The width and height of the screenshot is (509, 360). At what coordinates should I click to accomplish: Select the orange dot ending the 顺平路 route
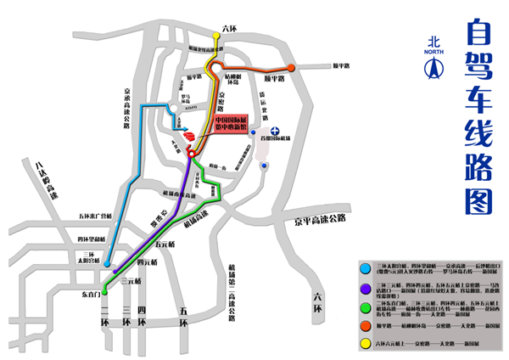pyautogui.click(x=291, y=68)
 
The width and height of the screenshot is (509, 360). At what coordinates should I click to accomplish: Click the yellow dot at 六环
pyautogui.click(x=226, y=39)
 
